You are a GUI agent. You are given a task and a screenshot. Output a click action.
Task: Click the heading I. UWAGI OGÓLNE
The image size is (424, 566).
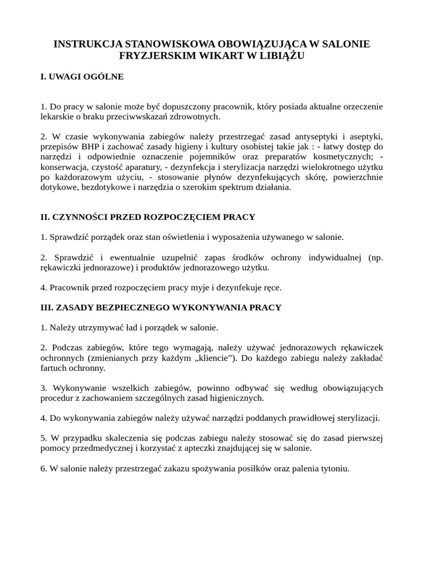click(x=82, y=77)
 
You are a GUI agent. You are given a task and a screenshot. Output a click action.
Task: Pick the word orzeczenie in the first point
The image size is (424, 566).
click(x=359, y=106)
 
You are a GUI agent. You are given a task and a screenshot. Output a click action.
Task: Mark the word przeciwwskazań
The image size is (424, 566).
click(x=152, y=117)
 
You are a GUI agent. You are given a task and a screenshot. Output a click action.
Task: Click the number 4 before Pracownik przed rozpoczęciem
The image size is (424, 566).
click(x=43, y=288)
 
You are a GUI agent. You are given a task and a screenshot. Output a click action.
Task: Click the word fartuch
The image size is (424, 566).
click(x=54, y=368)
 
